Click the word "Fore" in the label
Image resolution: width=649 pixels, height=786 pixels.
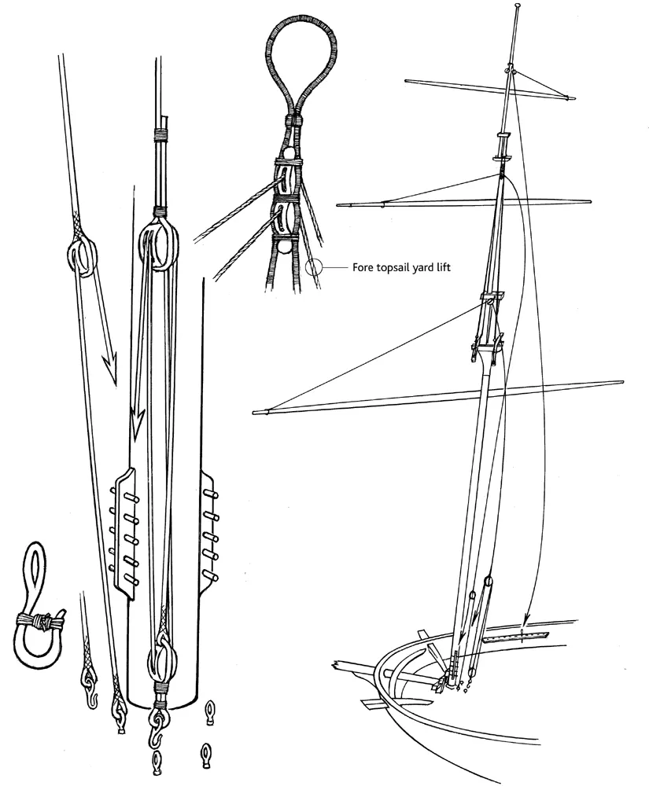(362, 267)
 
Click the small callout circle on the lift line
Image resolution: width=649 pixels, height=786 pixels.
(313, 267)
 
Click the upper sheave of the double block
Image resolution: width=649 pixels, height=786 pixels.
(284, 182)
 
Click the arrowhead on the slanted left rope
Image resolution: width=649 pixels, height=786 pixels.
(109, 369)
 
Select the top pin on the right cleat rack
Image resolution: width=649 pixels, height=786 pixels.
(210, 495)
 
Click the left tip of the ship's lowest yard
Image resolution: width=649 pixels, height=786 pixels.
(254, 413)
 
